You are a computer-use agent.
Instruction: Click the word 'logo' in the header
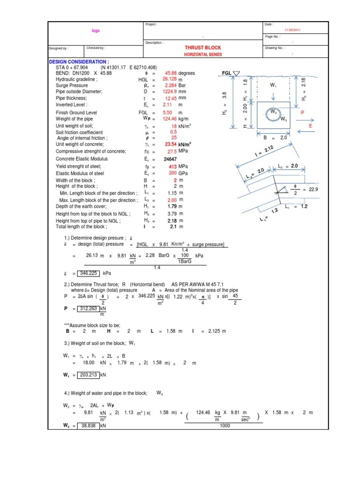(96, 30)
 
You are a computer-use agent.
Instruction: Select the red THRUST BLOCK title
(203, 48)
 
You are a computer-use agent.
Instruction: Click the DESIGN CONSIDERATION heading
(79, 62)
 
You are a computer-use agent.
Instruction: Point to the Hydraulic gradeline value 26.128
(169, 79)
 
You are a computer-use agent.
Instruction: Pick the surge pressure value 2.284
(170, 86)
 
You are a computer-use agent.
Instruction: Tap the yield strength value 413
(172, 166)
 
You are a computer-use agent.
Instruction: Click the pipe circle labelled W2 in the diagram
(272, 113)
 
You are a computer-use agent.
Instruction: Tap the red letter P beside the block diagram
(302, 113)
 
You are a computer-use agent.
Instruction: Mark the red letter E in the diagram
(310, 126)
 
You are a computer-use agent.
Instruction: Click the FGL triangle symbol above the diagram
(236, 74)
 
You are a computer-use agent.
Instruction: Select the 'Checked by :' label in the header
(96, 48)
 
